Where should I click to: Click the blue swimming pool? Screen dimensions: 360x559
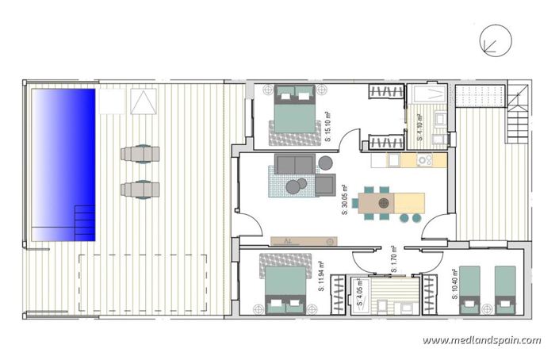pyautogui.click(x=63, y=164)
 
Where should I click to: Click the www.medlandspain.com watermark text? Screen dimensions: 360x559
pyautogui.click(x=481, y=341)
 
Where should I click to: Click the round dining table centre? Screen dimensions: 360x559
pyautogui.click(x=385, y=202)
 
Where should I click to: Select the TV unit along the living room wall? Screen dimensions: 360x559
pyautogui.click(x=304, y=239)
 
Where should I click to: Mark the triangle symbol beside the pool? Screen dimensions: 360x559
pyautogui.click(x=143, y=101)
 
